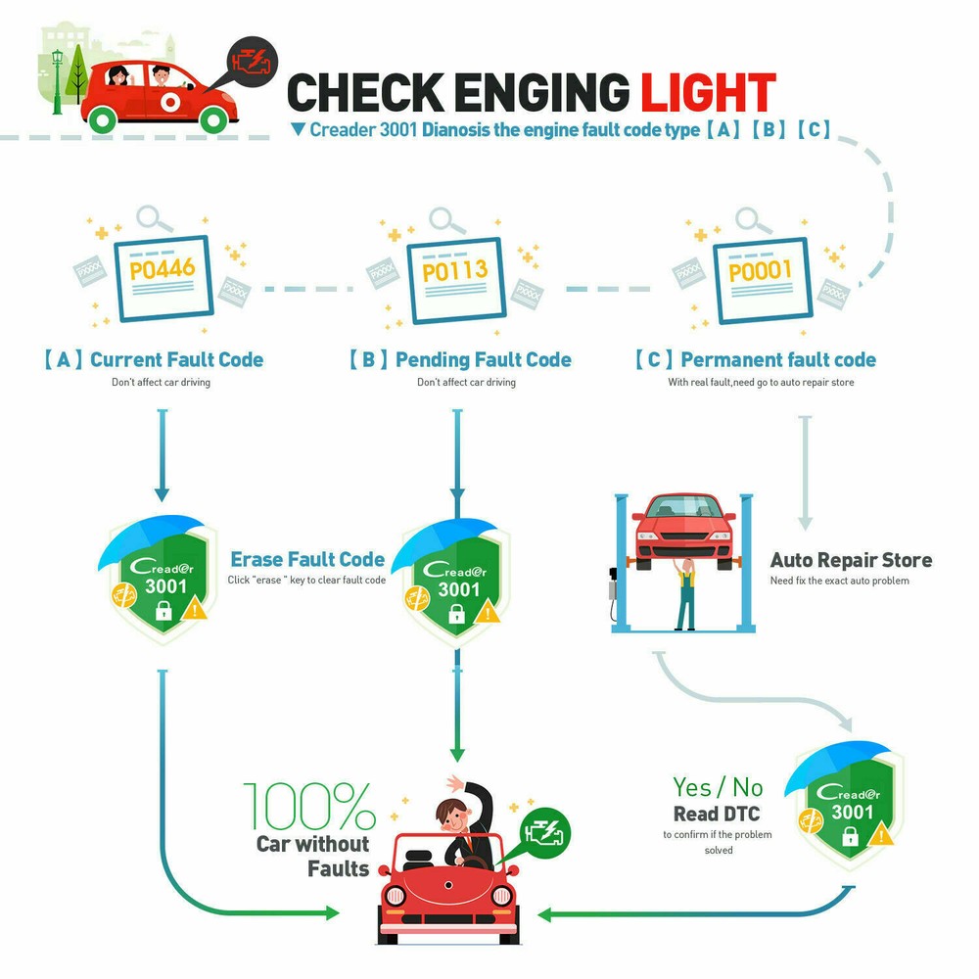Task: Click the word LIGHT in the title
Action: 708,92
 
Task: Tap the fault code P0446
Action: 163,268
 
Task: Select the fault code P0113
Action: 454,270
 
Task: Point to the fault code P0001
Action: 760,270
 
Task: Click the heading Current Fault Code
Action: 176,359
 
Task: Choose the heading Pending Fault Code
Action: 483,359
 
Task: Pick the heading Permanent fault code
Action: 777,359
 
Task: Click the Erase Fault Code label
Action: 307,559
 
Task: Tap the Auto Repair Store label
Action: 851,560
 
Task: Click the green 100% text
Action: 309,807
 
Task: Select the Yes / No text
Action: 718,786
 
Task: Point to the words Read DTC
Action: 717,814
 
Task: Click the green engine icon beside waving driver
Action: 544,833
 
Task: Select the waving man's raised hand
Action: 454,783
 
